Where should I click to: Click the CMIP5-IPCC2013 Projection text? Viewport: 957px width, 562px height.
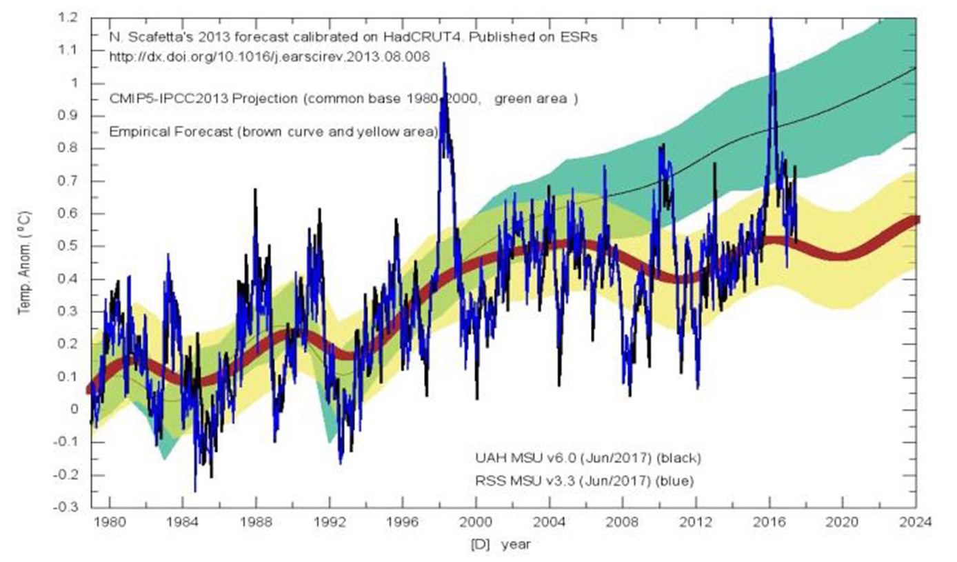203,99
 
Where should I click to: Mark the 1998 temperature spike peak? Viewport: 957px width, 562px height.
443,63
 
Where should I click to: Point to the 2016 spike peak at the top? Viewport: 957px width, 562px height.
771,19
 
